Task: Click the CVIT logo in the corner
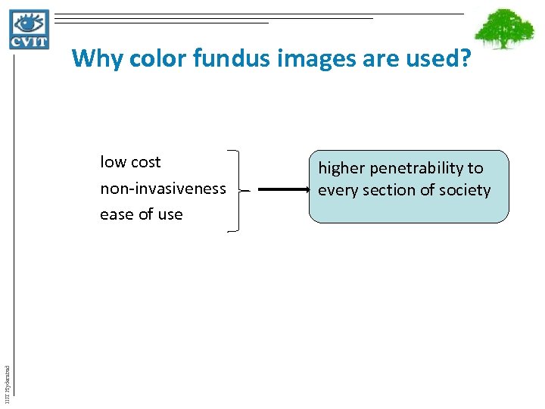[30, 30]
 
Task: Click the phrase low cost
[130, 162]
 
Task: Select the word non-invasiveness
[163, 188]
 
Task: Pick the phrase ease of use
[142, 214]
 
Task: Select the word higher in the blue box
[341, 169]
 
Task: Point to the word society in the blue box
[462, 190]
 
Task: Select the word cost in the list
[145, 162]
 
